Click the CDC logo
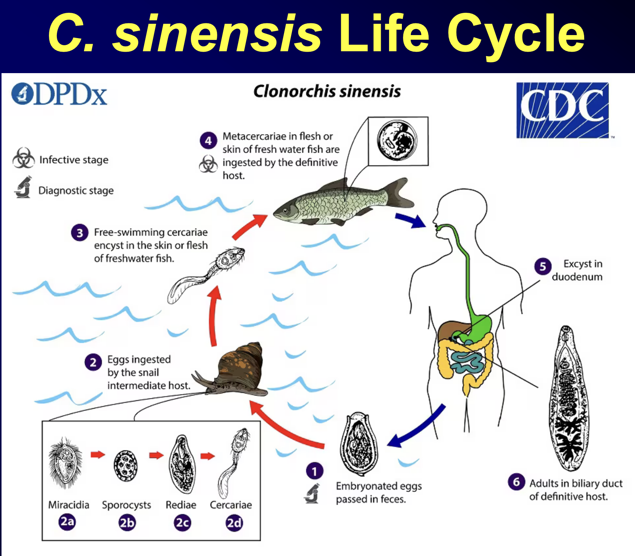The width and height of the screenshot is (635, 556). coord(562,110)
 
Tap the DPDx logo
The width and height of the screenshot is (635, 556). coord(59,94)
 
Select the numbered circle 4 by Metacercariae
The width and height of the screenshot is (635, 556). coord(208,141)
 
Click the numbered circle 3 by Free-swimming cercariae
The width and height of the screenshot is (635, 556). coord(80,233)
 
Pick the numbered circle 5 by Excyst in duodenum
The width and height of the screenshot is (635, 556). coord(543,266)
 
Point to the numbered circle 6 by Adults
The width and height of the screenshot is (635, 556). coord(516,482)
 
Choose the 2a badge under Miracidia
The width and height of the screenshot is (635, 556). coord(67,522)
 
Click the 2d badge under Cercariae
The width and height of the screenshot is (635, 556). coord(234,523)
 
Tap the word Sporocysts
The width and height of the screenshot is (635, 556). coord(127,505)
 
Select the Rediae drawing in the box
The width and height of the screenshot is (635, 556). coord(182,464)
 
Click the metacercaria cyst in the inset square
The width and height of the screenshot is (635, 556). coord(397,141)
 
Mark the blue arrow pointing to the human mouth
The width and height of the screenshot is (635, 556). coord(411,221)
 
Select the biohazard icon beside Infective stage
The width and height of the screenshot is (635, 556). coord(23,158)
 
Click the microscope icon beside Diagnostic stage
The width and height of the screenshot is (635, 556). coord(23,187)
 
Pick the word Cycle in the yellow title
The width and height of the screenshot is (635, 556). coord(516,35)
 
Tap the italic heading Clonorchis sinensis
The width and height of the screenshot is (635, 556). coord(327,92)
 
